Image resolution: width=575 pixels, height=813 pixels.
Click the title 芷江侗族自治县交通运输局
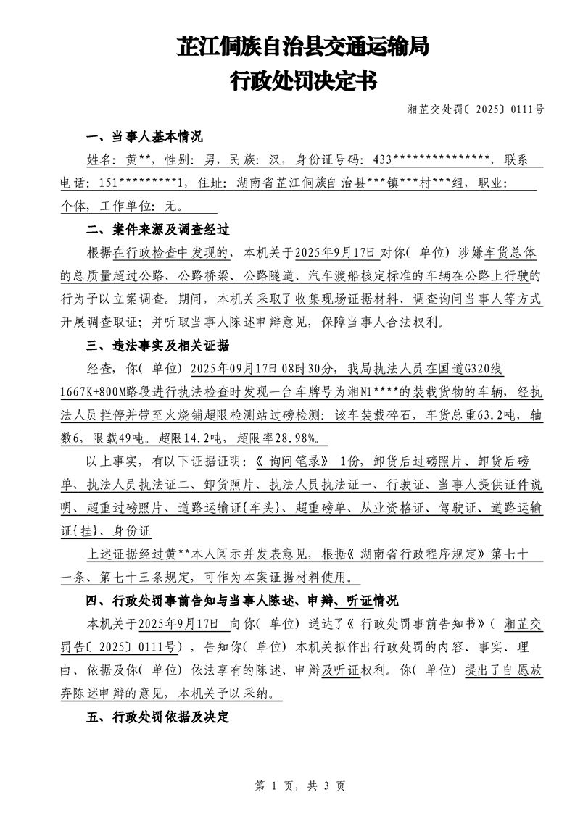[x=303, y=48]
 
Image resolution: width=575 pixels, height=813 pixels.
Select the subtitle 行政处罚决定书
[x=303, y=81]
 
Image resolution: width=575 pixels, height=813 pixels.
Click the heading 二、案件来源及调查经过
[x=157, y=230]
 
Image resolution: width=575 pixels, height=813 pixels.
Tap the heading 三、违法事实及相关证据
[x=157, y=344]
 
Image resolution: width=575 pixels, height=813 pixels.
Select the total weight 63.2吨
[x=464, y=415]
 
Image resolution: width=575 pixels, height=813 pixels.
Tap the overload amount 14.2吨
[x=195, y=438]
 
